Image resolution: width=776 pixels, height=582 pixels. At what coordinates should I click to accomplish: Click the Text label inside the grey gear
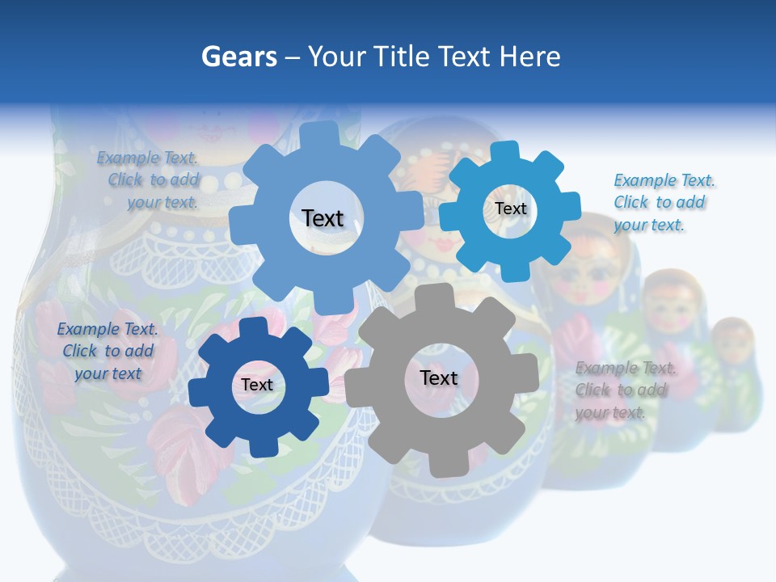point(438,378)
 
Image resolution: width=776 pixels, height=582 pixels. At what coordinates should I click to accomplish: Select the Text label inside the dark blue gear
point(257,386)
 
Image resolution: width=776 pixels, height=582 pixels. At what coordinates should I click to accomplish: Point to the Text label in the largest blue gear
point(323,218)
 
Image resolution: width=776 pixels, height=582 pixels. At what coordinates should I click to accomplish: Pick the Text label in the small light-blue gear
point(510,209)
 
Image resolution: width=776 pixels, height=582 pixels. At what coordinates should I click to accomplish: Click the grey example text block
point(625,390)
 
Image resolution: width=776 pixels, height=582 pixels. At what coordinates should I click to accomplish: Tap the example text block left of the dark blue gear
point(108,351)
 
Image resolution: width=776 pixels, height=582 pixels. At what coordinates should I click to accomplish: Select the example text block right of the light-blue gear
point(664,202)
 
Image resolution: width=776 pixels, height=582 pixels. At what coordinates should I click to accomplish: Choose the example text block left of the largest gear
point(149,179)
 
